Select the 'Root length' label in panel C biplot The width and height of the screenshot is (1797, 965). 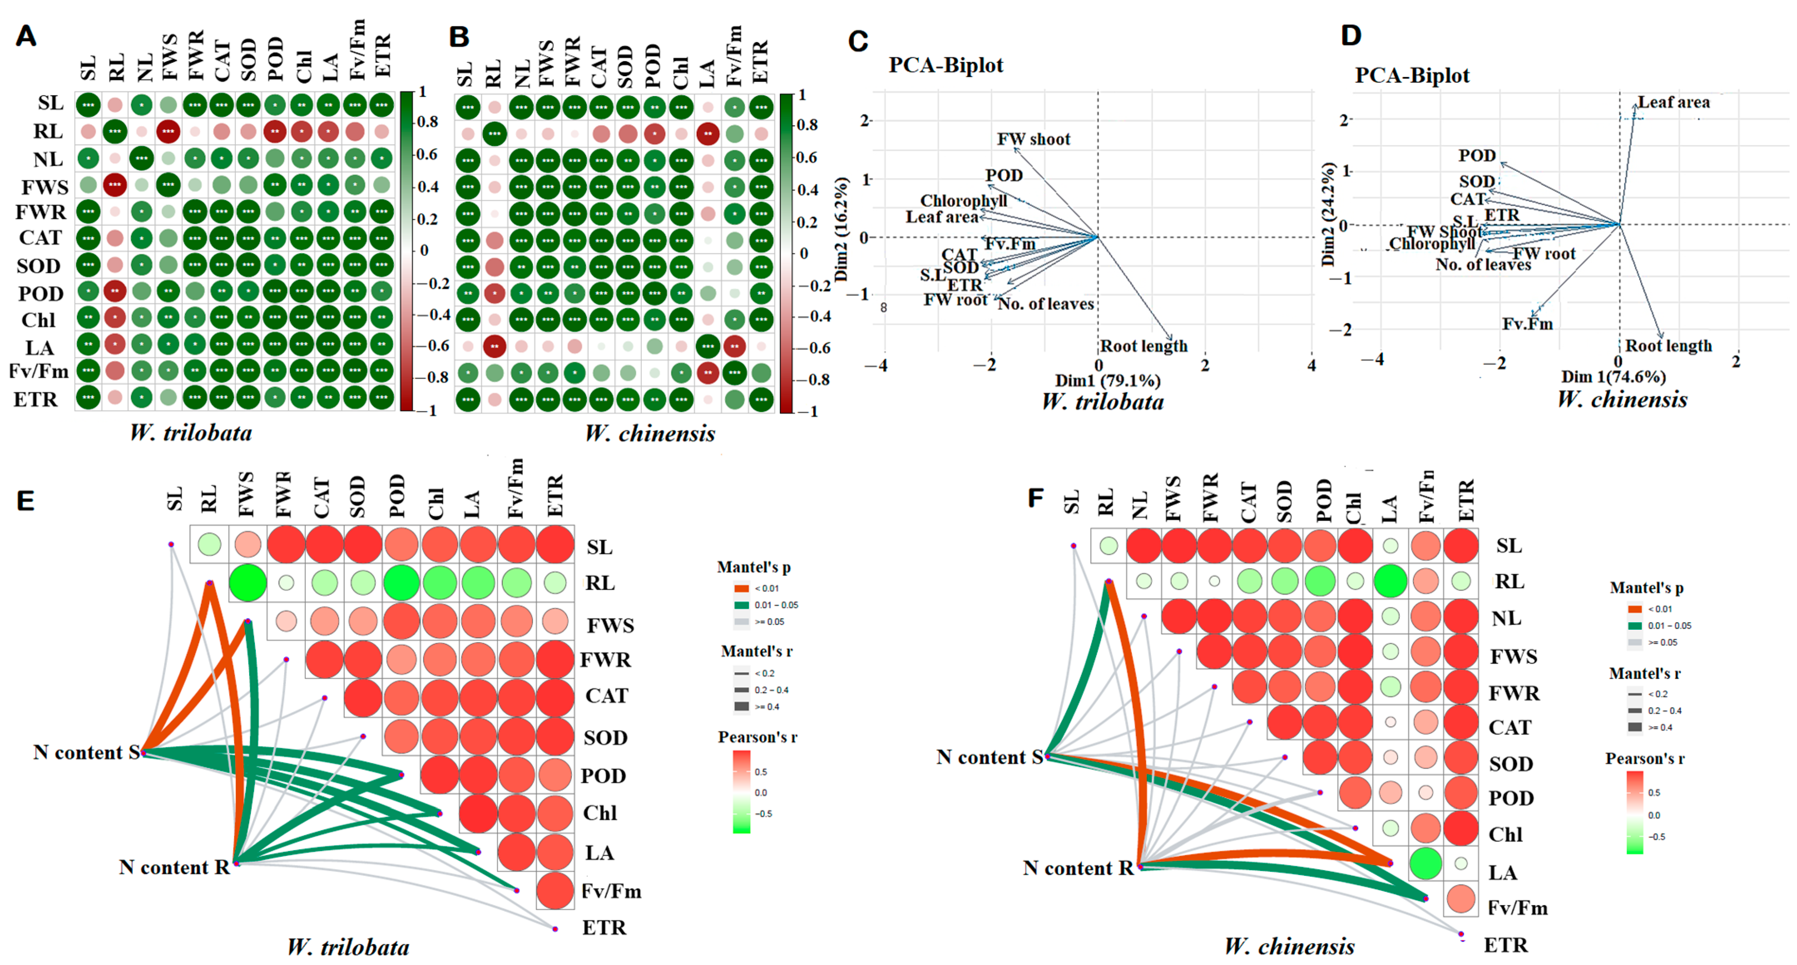click(1144, 346)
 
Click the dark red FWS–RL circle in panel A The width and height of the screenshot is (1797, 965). click(115, 186)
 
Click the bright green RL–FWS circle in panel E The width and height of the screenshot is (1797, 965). click(248, 583)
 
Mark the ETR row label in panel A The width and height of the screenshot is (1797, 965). click(36, 400)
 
